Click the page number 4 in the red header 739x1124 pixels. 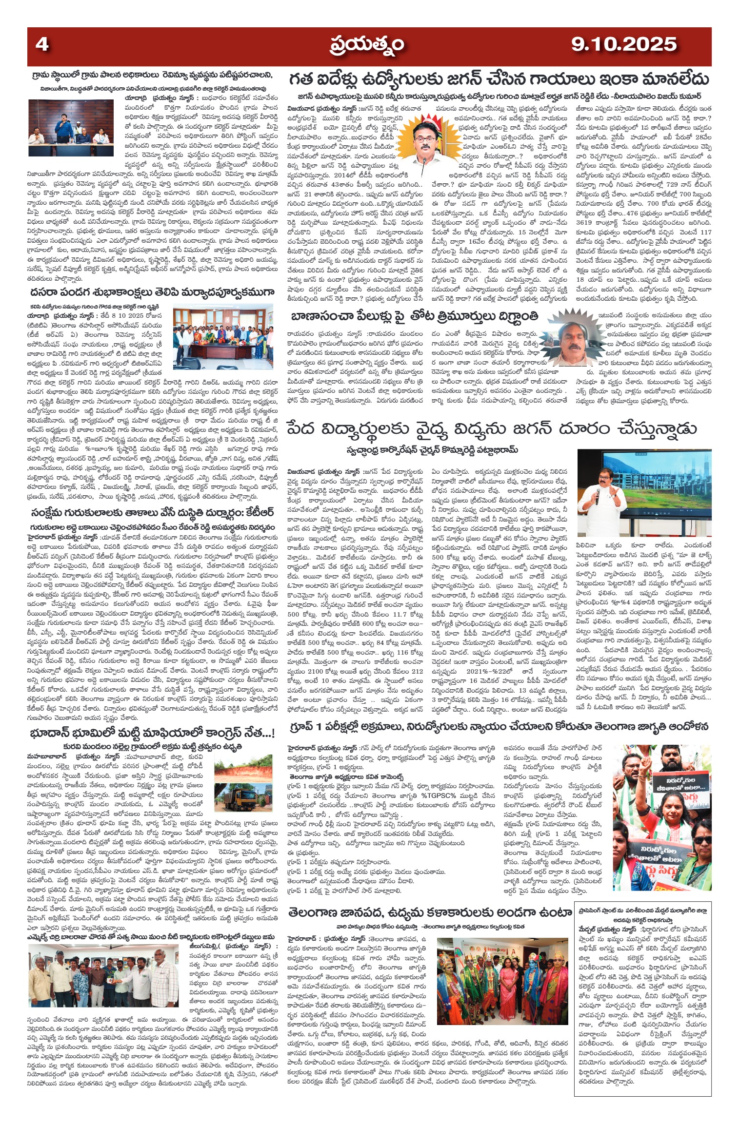[x=42, y=45]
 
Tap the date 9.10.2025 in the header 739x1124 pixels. [x=624, y=45]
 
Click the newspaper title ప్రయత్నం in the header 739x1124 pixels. [x=366, y=45]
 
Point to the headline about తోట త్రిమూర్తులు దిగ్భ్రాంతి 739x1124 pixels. [x=414, y=316]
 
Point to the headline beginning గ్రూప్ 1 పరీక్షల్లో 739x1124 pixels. [x=498, y=727]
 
